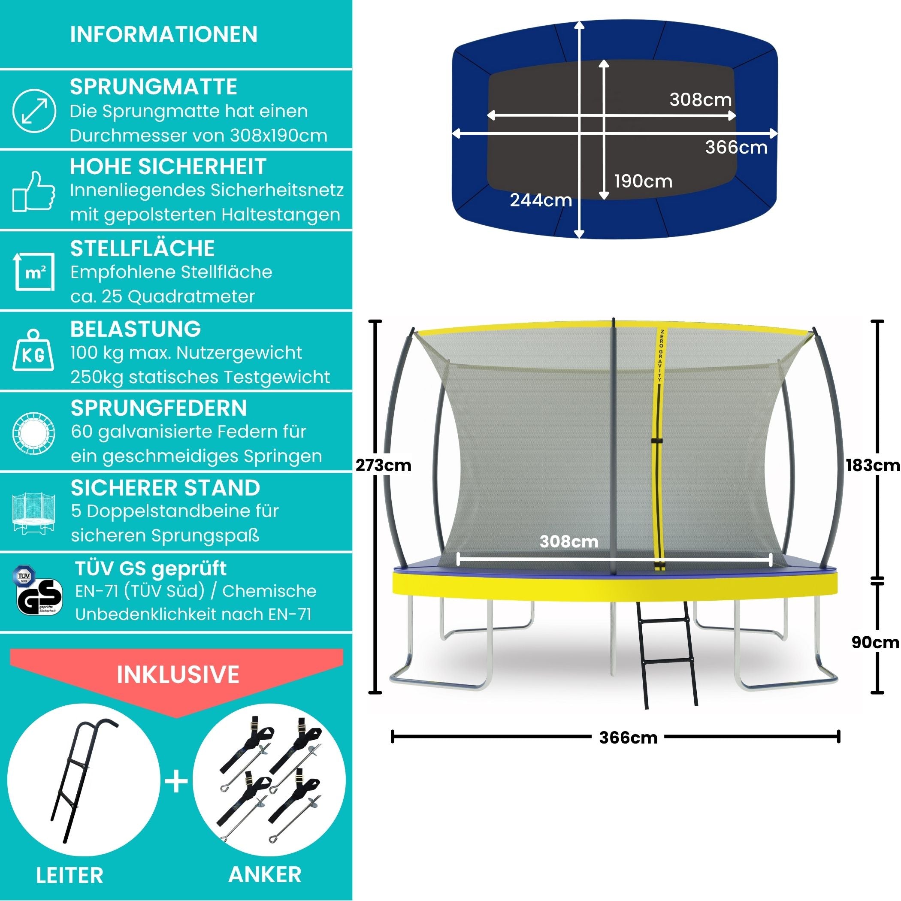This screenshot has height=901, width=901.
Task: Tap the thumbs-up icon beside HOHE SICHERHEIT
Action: (x=33, y=191)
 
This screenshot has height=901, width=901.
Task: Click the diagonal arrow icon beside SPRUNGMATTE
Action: (x=34, y=112)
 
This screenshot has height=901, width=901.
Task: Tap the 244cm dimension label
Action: (x=541, y=200)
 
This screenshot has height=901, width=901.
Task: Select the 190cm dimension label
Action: (x=643, y=181)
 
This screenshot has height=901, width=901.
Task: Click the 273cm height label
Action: (x=383, y=466)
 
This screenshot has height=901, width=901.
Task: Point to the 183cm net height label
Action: (x=873, y=465)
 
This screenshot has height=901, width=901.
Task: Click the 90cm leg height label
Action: (x=875, y=642)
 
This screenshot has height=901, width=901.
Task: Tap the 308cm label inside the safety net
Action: (x=568, y=541)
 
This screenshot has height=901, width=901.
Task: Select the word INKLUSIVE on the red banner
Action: (x=178, y=674)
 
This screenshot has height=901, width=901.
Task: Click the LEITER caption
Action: (x=70, y=875)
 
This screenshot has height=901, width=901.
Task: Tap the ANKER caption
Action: (x=265, y=874)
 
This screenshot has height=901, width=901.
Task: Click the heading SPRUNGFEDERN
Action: (x=159, y=408)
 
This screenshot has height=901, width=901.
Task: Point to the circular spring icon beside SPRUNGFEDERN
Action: (x=33, y=433)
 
